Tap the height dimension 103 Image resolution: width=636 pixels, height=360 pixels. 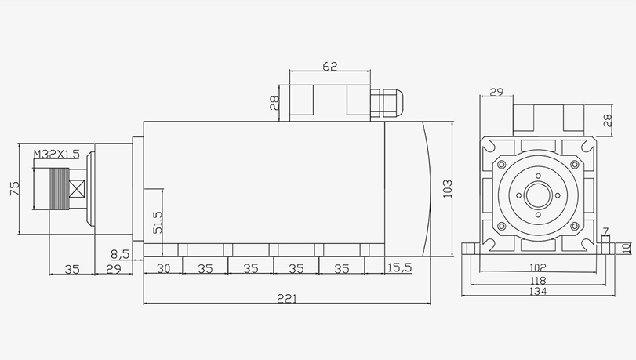pos(448,189)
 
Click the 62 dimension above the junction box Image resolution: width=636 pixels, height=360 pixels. pos(329,67)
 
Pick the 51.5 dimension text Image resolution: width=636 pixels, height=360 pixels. pos(157,222)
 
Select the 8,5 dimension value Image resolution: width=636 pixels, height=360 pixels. pos(121,254)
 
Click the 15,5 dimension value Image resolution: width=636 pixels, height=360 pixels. pos(399,268)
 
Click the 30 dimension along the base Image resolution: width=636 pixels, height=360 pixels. pos(163,268)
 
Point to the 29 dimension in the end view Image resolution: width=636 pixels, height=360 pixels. pos(496,93)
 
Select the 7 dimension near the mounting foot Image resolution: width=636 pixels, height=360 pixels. pos(605,232)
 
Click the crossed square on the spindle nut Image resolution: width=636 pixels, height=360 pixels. pos(76,189)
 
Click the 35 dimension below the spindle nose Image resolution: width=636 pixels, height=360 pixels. pos(72,269)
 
